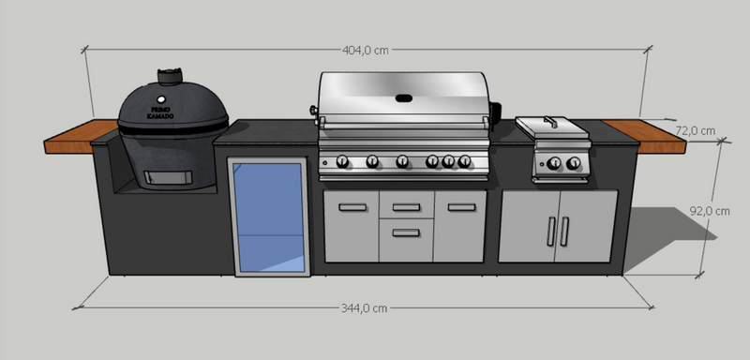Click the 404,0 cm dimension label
click(367, 51)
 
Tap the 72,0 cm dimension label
click(696, 130)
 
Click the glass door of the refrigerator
click(269, 217)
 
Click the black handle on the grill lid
click(405, 97)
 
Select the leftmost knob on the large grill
click(342, 161)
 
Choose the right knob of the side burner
click(572, 166)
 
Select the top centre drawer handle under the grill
click(406, 207)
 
